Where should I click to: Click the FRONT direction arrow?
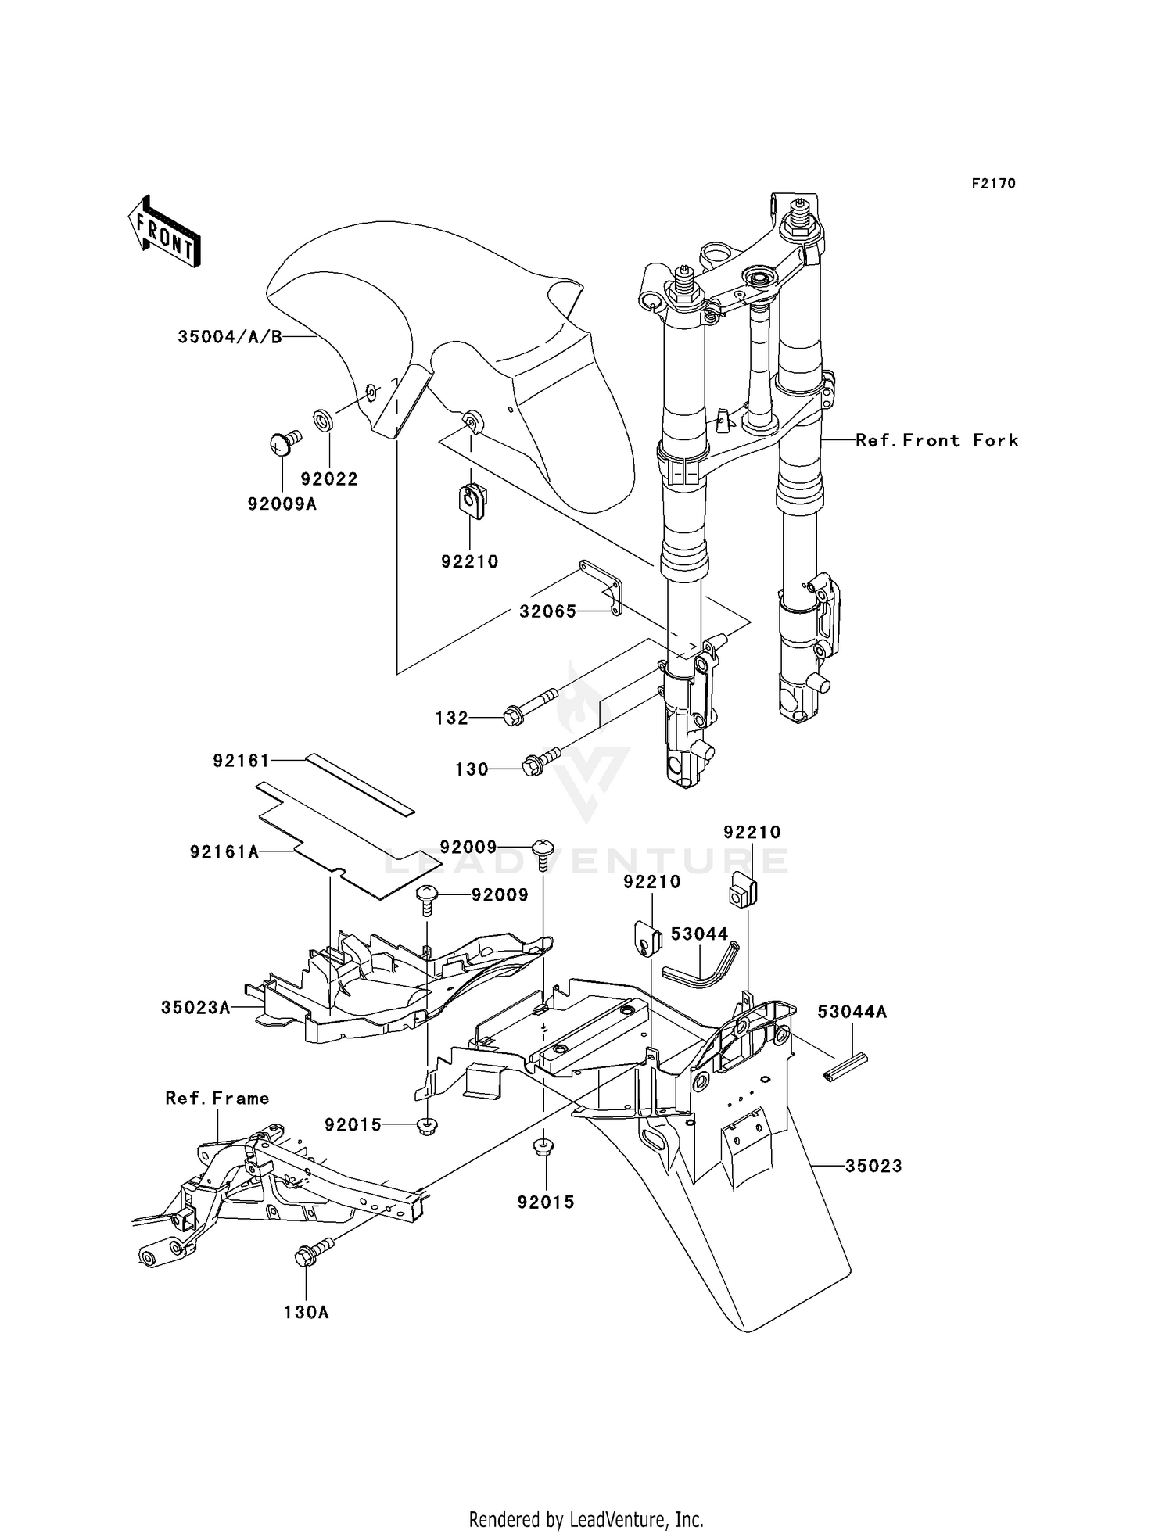click(164, 233)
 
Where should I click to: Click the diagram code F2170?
click(993, 184)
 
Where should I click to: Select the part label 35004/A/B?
click(229, 338)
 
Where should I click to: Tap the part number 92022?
click(329, 480)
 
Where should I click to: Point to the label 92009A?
click(282, 504)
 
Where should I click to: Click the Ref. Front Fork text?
click(937, 440)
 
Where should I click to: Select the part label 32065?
click(547, 611)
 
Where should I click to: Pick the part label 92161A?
click(224, 852)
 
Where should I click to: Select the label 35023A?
click(195, 1008)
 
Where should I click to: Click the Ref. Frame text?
click(217, 1099)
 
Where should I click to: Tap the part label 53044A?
click(852, 1013)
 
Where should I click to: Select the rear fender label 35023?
click(873, 1167)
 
